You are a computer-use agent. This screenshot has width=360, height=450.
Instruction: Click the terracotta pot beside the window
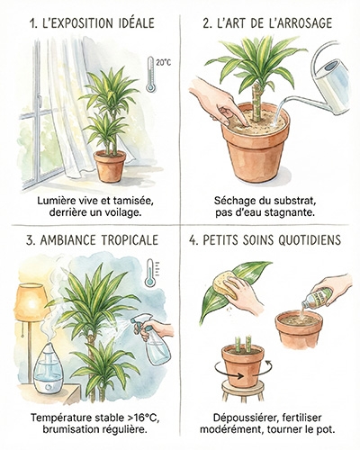pyautogui.click(x=109, y=166)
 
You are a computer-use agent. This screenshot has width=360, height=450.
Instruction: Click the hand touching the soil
pyautogui.click(x=216, y=100)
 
